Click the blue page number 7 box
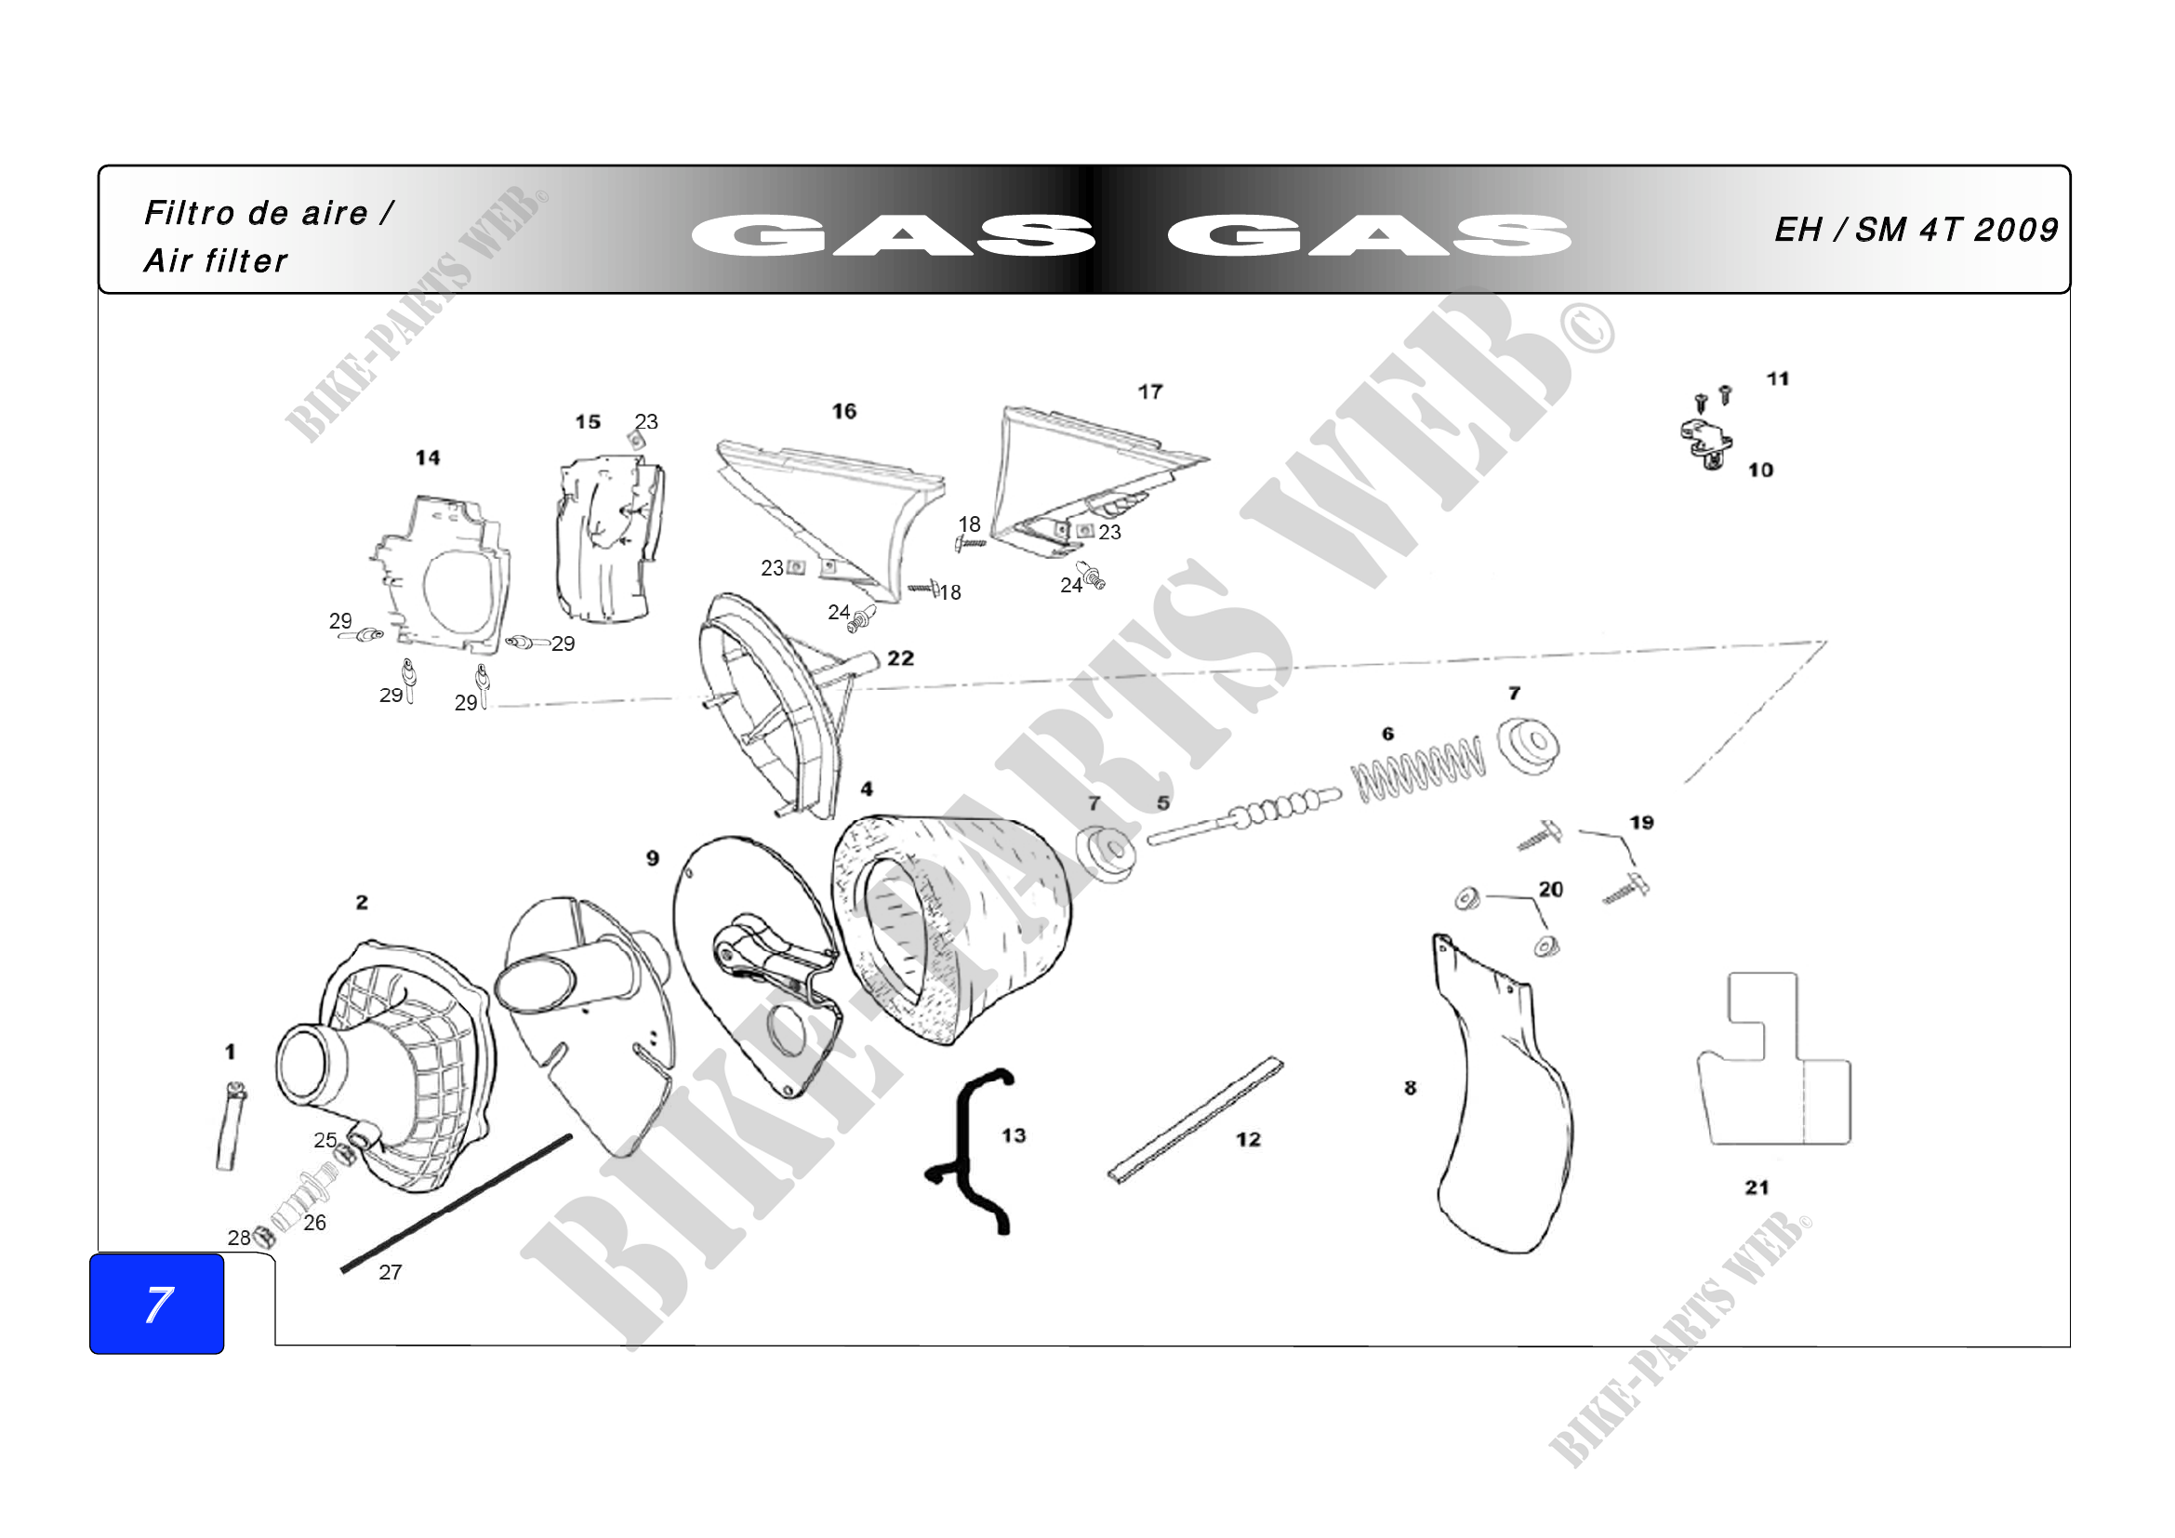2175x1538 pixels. pyautogui.click(x=156, y=1303)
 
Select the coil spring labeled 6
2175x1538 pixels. pyautogui.click(x=1418, y=767)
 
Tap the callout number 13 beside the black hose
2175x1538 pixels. pyautogui.click(x=1014, y=1134)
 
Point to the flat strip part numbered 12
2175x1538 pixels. pyautogui.click(x=1197, y=1120)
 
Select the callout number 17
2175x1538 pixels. pyautogui.click(x=1150, y=391)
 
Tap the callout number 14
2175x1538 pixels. pyautogui.click(x=427, y=457)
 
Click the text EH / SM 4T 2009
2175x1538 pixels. pyautogui.click(x=1916, y=229)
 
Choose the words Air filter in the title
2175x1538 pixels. pyautogui.click(x=215, y=260)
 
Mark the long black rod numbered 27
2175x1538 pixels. pyautogui.click(x=457, y=1202)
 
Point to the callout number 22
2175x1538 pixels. pyautogui.click(x=900, y=658)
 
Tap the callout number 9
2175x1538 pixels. pyautogui.click(x=653, y=858)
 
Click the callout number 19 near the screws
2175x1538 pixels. pyautogui.click(x=1641, y=822)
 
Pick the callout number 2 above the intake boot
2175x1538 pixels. pyautogui.click(x=362, y=903)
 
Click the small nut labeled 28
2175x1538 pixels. pyautogui.click(x=264, y=1236)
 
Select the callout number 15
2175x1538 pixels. pyautogui.click(x=588, y=421)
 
